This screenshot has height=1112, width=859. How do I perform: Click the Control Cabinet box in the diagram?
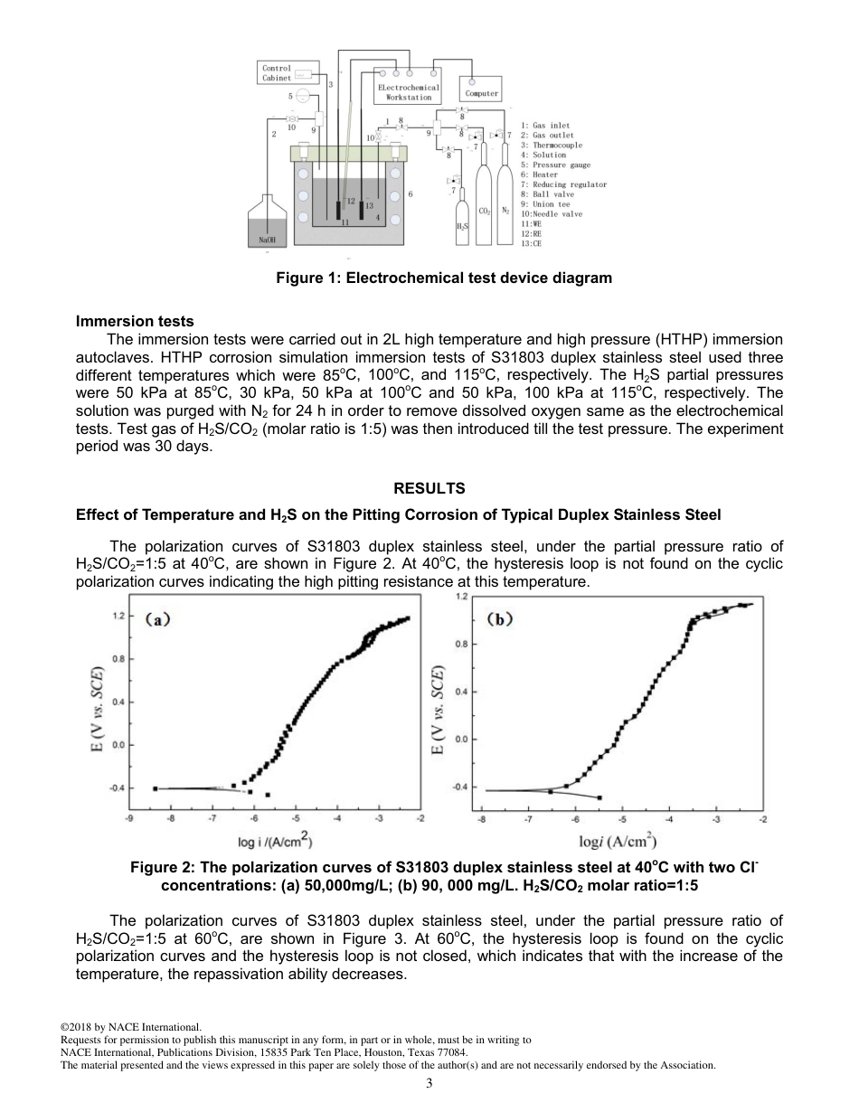coord(277,72)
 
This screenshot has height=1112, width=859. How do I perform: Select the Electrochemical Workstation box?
coord(409,92)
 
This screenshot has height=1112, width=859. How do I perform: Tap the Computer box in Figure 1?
coord(481,93)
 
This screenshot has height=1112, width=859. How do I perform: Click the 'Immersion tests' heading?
coord(135,321)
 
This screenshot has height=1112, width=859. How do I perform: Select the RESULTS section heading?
coord(429,488)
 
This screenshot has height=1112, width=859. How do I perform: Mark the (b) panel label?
coord(502,619)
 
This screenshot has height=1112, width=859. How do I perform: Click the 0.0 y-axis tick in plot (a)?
coord(118,745)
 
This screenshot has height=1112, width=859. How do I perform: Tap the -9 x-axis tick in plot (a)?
coord(130,818)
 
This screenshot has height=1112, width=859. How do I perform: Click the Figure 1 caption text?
coord(443,278)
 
